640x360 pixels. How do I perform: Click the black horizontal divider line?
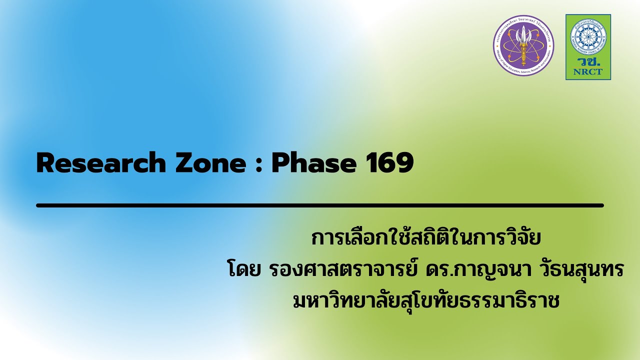320,205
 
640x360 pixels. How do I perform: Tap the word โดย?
239,270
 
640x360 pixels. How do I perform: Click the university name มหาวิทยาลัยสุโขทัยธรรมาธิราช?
426,301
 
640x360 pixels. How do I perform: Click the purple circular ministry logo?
523,45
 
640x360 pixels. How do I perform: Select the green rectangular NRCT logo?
588,47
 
